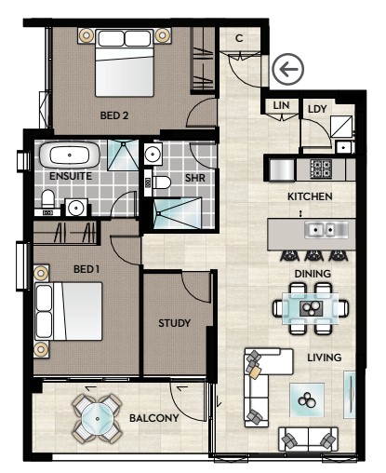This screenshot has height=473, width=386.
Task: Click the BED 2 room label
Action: tap(114, 115)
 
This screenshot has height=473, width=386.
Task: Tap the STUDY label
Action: tap(174, 323)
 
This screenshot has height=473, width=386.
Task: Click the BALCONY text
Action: tap(154, 418)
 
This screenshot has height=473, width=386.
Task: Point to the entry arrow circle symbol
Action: tap(287, 70)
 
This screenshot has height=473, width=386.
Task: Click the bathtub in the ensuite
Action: tap(70, 155)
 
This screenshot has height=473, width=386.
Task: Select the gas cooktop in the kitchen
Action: tap(321, 169)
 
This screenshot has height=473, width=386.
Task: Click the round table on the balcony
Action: tap(98, 419)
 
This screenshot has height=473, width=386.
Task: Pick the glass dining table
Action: tap(310, 308)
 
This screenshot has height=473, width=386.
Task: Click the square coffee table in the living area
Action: tap(307, 400)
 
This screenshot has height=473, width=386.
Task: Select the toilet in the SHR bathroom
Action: tap(161, 182)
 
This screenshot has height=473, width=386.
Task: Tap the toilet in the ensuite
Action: tap(47, 199)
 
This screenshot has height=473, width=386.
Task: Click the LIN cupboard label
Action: tap(281, 105)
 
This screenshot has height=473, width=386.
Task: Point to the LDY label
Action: tap(317, 109)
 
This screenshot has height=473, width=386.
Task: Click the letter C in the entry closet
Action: tap(239, 38)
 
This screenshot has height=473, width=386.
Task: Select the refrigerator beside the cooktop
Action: tap(282, 169)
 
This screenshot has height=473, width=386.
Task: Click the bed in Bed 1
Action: tap(69, 311)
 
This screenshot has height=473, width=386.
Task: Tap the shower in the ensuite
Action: tap(123, 155)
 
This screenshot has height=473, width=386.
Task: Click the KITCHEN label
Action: tap(310, 196)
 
